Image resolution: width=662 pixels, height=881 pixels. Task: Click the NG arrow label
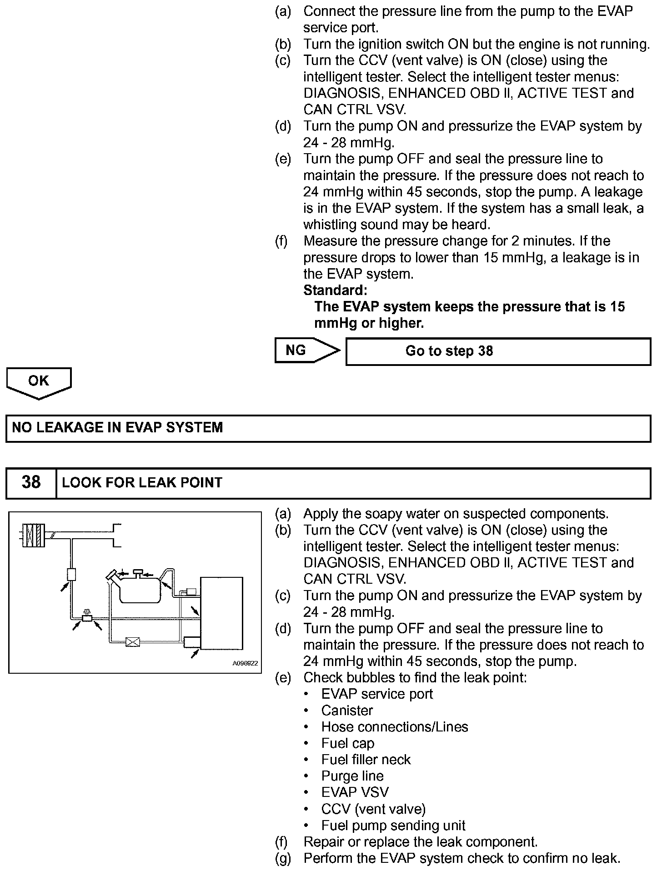click(x=296, y=350)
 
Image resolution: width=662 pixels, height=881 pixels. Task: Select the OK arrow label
click(x=38, y=381)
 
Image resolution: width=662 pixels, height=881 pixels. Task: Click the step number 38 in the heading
click(x=31, y=482)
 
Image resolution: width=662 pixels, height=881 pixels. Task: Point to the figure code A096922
click(x=245, y=663)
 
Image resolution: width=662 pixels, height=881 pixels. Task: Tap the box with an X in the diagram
click(x=132, y=642)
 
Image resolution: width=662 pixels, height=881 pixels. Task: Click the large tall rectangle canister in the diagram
click(x=221, y=612)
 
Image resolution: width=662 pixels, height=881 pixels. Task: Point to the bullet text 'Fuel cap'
click(x=347, y=743)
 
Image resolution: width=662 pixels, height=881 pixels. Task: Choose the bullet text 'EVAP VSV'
click(x=355, y=792)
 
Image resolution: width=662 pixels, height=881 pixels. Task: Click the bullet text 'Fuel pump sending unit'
click(x=393, y=825)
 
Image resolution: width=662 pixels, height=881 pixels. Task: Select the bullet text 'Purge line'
click(x=352, y=776)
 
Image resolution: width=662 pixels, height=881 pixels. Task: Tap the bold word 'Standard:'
click(x=335, y=290)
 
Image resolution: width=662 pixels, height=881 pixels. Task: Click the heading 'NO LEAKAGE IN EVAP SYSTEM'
click(x=117, y=428)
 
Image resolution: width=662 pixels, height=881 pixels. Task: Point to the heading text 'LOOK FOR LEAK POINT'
click(x=142, y=482)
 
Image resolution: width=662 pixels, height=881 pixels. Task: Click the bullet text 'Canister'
click(x=347, y=711)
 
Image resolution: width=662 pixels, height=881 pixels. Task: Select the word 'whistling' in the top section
click(x=330, y=225)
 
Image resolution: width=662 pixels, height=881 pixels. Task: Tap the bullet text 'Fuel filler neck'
click(x=366, y=760)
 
